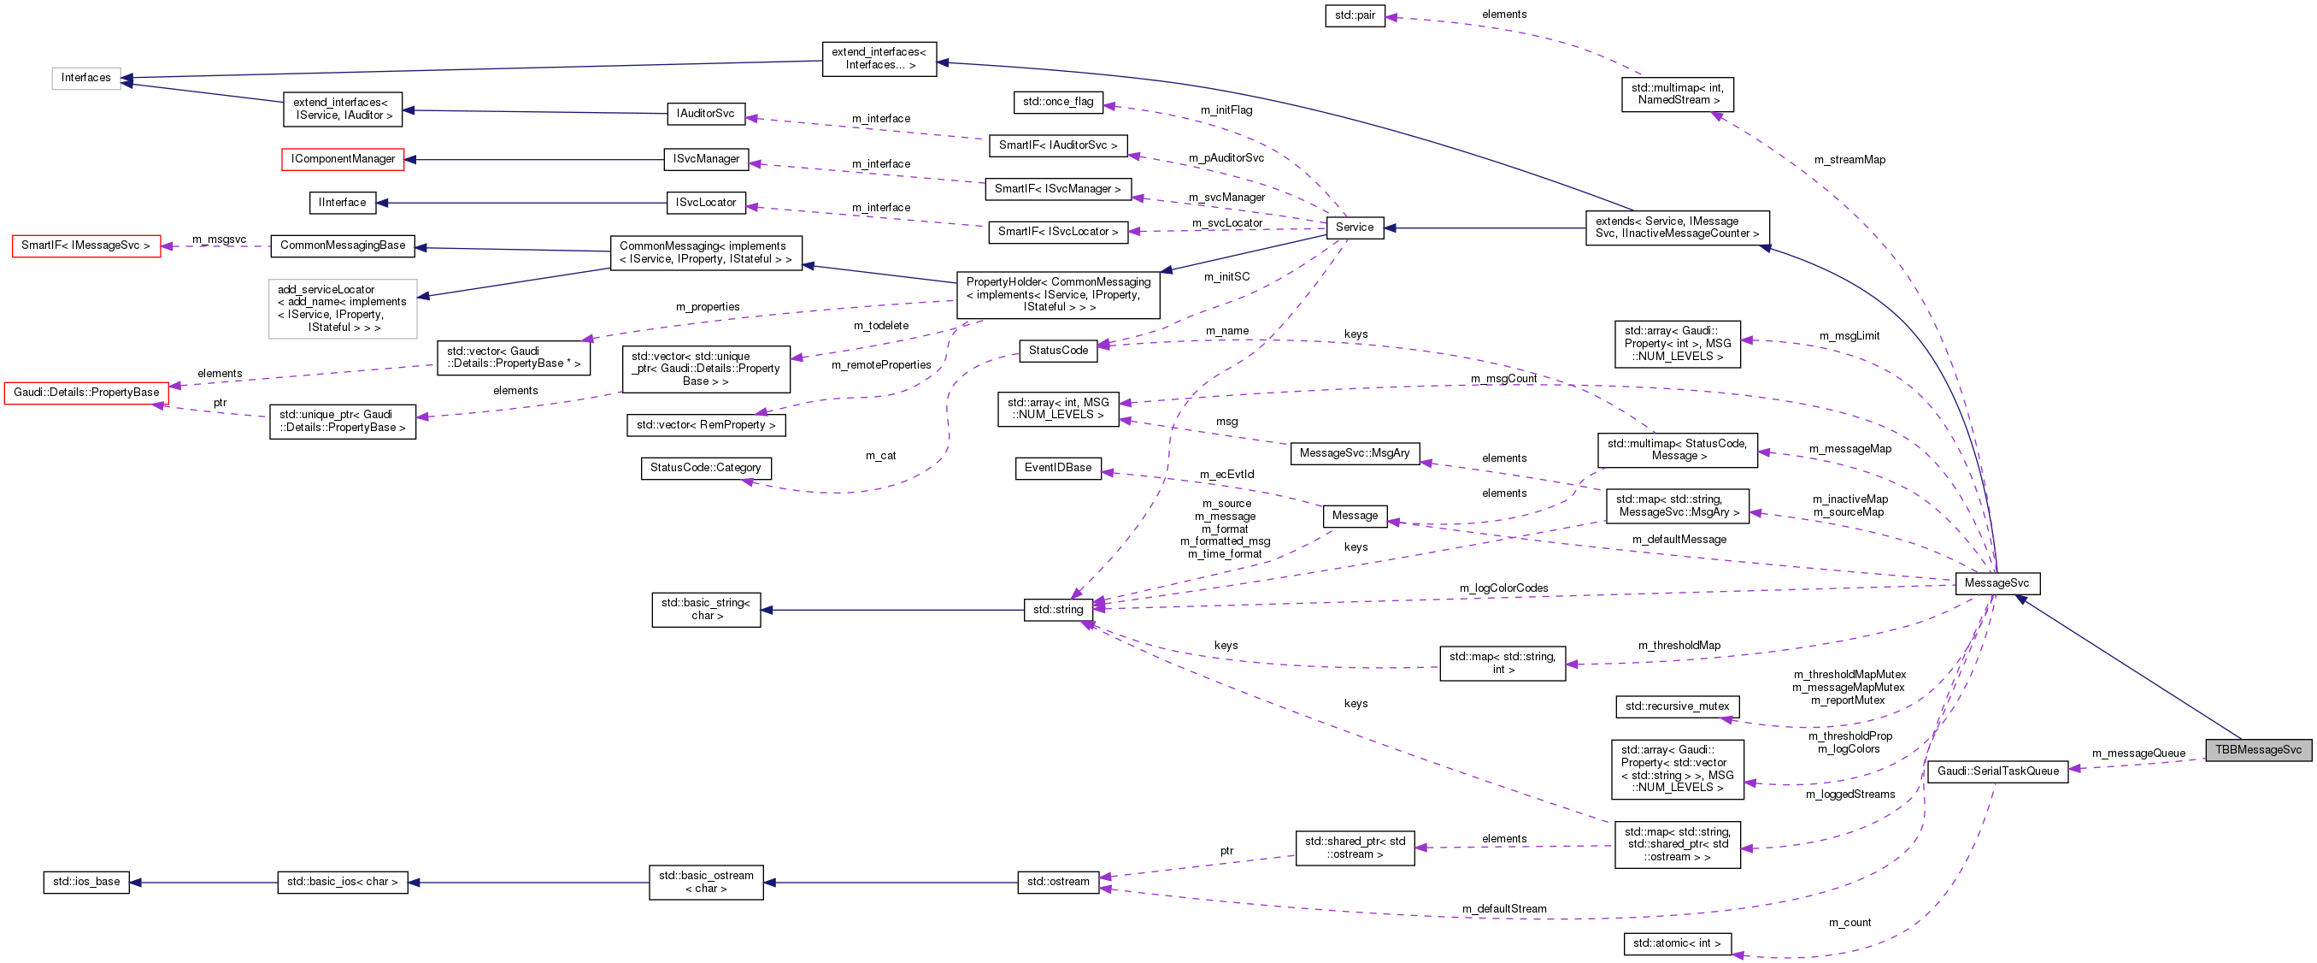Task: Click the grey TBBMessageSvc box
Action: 2258,750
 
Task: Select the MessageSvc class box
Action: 1997,583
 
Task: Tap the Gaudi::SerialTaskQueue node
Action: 1997,771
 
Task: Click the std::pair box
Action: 1355,15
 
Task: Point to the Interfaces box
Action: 85,79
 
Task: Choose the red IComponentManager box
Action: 343,159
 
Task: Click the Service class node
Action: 1354,227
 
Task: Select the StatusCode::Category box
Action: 705,468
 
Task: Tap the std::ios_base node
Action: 85,882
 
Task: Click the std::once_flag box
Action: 1058,102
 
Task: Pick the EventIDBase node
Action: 1058,468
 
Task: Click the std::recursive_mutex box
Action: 1677,706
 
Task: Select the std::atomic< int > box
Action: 1677,943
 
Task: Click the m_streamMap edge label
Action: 1849,160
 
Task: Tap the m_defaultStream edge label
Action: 1504,909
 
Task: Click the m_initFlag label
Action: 1226,110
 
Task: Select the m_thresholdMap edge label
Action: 1679,646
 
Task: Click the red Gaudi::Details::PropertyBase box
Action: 86,393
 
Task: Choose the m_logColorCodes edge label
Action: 1504,588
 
